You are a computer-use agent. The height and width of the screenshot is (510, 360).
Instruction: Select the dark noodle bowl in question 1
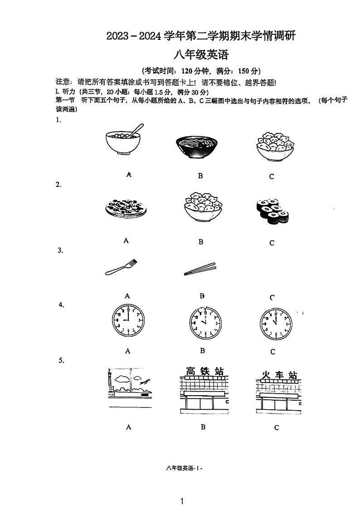pos(196,147)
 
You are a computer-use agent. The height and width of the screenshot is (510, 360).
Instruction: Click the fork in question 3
pos(121,267)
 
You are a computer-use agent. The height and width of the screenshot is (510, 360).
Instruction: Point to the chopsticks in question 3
pos(200,269)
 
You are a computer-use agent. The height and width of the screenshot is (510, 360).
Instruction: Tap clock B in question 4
pos(205,323)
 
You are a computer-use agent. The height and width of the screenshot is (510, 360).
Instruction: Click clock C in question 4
pos(276,324)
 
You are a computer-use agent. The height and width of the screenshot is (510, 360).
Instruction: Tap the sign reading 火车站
pos(279,376)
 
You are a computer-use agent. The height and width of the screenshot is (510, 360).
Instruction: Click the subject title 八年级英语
pos(202,55)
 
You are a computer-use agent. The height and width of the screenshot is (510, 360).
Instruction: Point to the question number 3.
pos(60,250)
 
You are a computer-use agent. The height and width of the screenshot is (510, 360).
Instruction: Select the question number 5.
pos(61,360)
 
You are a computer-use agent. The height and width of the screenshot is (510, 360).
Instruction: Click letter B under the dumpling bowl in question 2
pos(201,242)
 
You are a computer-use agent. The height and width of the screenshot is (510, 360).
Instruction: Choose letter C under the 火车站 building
pos(277,427)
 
